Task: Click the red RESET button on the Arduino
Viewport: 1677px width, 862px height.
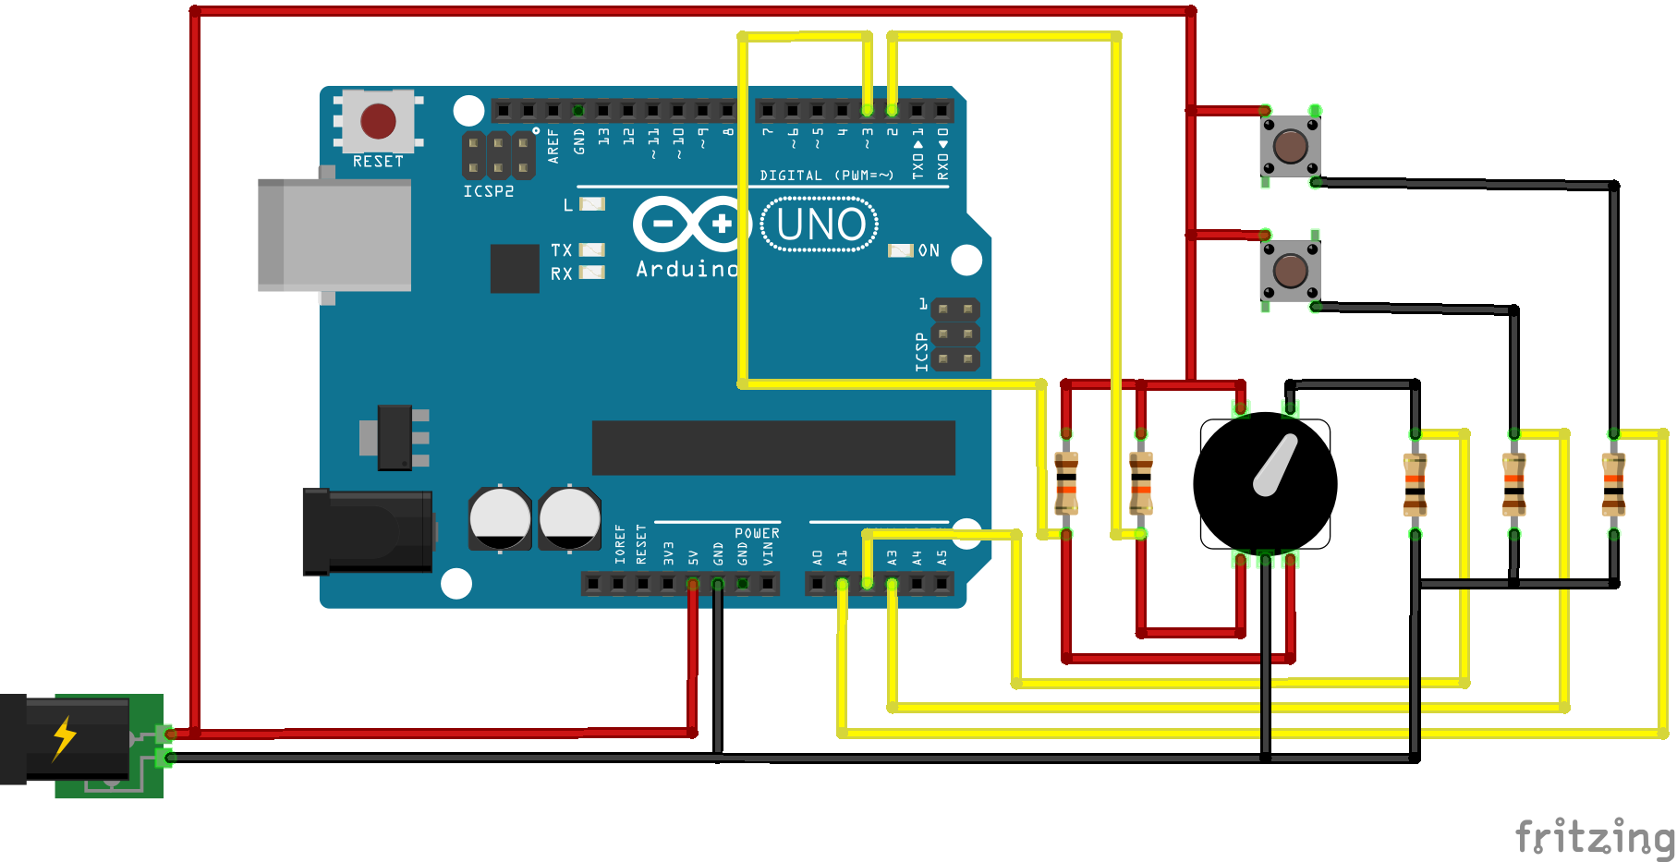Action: [378, 121]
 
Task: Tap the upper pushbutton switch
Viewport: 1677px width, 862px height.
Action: [1290, 146]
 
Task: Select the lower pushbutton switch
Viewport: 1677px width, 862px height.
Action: [1290, 271]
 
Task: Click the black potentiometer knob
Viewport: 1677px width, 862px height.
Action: [1265, 483]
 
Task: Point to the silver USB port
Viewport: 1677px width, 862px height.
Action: [334, 235]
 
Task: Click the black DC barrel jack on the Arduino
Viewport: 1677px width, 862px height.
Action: [368, 531]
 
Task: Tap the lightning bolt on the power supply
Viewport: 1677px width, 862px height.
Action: [64, 737]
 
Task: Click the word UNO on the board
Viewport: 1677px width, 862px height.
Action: [820, 225]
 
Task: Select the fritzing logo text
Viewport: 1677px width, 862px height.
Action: [1594, 837]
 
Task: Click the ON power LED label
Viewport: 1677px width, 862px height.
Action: [929, 250]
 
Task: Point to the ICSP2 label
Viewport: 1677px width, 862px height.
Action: [489, 191]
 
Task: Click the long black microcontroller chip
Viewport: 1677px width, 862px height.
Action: [772, 448]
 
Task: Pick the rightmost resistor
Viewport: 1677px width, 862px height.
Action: [1613, 483]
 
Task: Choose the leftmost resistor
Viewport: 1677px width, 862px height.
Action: [1066, 482]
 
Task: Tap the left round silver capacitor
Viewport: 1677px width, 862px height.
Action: [500, 518]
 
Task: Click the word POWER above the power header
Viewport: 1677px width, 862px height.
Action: [757, 533]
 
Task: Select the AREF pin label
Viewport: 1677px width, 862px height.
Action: [553, 146]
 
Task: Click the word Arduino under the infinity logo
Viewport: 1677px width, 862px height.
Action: [687, 269]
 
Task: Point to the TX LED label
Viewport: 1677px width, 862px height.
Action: [561, 250]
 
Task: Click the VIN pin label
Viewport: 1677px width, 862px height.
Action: [768, 553]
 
